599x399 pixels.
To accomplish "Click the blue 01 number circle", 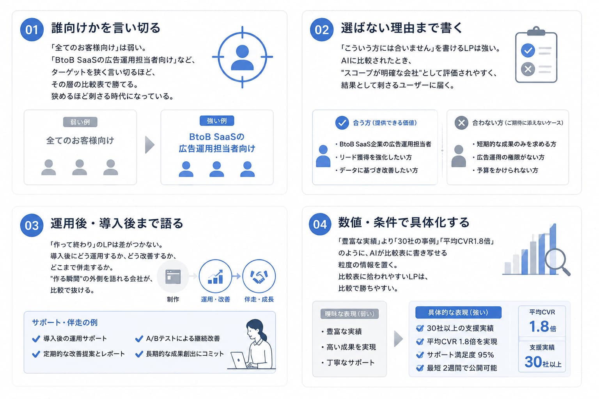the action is point(32,29).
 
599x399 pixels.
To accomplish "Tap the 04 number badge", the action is point(320,224).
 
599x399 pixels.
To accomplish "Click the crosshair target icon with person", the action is point(242,57).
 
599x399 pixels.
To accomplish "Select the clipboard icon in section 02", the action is point(536,55).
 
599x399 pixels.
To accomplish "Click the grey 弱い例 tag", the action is point(80,122).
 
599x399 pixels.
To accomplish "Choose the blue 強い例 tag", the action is point(217,121).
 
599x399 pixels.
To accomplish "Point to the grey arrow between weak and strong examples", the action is point(149,145).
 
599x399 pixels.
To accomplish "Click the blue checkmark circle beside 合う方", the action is point(342,123).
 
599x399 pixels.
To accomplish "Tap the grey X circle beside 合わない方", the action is point(461,123).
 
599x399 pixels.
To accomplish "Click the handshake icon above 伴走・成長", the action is point(259,276).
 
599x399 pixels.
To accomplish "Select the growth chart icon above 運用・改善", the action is point(215,276).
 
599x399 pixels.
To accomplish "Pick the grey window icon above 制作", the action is point(173,276).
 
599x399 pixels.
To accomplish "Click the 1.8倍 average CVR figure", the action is point(542,327).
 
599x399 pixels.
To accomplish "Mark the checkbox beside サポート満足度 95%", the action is point(420,355).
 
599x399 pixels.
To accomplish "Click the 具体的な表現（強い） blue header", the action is point(458,312).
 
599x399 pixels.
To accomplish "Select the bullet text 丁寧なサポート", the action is point(351,363).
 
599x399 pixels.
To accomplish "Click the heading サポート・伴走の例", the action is point(65,323).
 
